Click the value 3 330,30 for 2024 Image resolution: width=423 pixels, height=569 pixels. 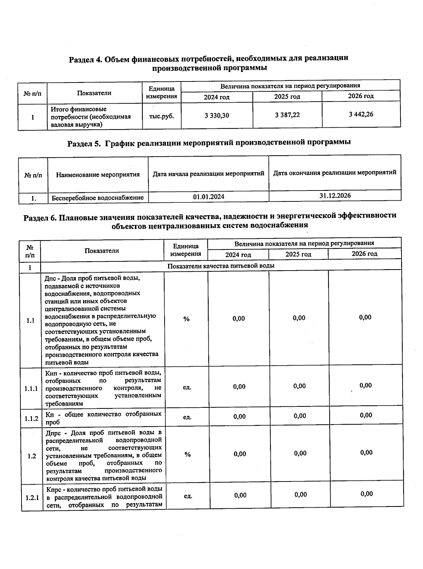point(217,115)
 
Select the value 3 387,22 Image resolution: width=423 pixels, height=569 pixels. point(287,115)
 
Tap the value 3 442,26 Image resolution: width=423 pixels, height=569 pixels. point(361,114)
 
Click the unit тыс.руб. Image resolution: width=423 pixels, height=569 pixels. point(161,116)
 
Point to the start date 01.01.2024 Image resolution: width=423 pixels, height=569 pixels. point(209,197)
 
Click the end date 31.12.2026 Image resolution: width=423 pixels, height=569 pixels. point(335,196)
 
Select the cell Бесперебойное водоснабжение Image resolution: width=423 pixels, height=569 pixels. point(98,198)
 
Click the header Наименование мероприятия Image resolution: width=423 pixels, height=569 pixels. point(98,175)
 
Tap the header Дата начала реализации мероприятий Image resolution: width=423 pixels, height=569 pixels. point(208,174)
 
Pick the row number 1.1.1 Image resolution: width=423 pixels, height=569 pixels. point(31,389)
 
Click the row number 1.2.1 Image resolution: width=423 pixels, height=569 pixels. point(32,498)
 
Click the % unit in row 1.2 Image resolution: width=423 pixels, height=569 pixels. point(187,455)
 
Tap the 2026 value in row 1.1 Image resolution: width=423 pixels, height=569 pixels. point(365,317)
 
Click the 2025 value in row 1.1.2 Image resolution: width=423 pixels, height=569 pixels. point(300,416)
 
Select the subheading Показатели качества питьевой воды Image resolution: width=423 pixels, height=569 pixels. point(221,266)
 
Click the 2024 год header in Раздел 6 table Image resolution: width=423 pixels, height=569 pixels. point(238,255)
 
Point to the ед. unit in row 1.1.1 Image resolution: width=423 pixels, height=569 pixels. point(187,387)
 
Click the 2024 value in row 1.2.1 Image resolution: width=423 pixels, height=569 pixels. point(240,496)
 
